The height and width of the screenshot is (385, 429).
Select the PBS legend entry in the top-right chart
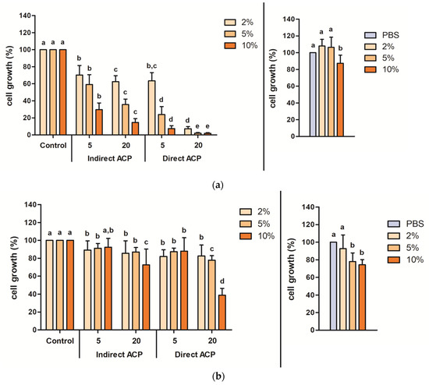point(386,36)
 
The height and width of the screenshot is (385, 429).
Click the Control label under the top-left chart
point(50,144)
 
